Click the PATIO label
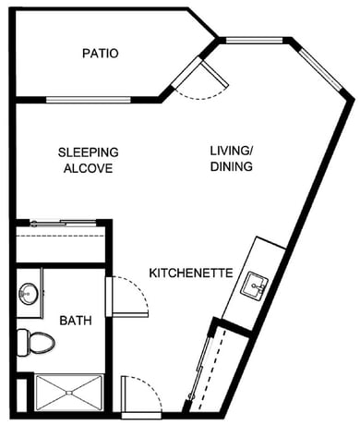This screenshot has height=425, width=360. point(101,54)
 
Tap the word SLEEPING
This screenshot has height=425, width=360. point(89,152)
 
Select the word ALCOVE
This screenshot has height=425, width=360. point(89,168)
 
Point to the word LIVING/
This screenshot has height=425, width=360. point(232,151)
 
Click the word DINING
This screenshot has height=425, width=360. point(232,166)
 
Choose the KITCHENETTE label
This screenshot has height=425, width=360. point(191,273)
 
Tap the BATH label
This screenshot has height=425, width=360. point(76,321)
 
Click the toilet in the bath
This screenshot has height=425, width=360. point(36,343)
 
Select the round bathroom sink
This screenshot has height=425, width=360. point(29,294)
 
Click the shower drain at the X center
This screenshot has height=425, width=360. point(69,393)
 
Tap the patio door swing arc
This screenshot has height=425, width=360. point(201,94)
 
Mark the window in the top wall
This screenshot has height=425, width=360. point(254,40)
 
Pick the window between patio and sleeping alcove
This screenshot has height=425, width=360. point(89,100)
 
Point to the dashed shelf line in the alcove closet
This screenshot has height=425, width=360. point(60,236)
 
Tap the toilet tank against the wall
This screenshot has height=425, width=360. point(22,343)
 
